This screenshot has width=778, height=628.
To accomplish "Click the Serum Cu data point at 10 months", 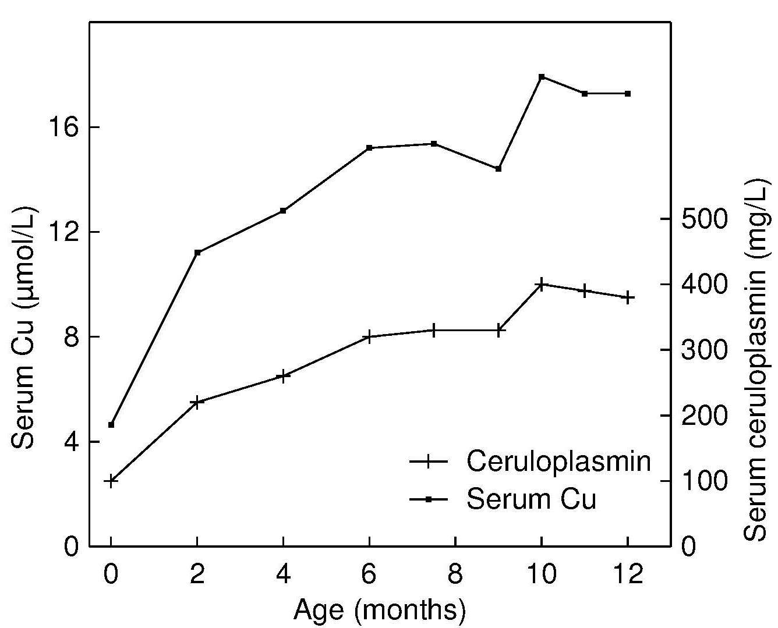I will click(x=542, y=77).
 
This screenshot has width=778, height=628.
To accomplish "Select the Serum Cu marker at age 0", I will click(x=111, y=424).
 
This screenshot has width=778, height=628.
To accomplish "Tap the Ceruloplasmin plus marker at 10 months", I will click(x=542, y=285).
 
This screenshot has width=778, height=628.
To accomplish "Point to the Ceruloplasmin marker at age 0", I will click(x=111, y=481).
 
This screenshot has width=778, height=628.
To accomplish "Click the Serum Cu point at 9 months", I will click(x=498, y=169).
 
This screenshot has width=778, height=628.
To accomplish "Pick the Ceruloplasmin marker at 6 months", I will click(x=369, y=336).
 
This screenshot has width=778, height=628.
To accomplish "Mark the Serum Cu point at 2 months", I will click(x=197, y=252).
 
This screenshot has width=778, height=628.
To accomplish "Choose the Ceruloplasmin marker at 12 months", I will click(x=628, y=297).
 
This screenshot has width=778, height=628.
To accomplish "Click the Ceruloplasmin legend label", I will click(x=558, y=462).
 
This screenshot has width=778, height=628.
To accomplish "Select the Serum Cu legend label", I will click(x=531, y=499).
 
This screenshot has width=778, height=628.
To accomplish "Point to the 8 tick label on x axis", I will click(x=455, y=574).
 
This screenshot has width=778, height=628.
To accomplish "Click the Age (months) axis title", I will click(x=380, y=610).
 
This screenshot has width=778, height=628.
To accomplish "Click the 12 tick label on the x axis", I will click(x=628, y=574).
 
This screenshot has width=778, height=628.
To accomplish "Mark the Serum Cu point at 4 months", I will click(x=283, y=211).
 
